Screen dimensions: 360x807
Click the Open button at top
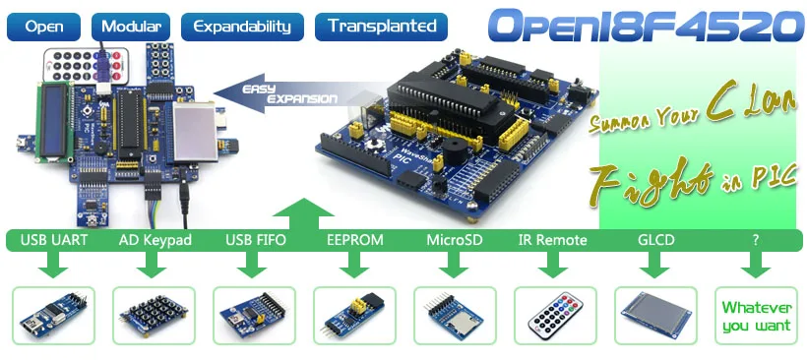[x=45, y=27]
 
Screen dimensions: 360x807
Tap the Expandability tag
[x=242, y=27]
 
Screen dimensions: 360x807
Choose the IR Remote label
[x=552, y=239]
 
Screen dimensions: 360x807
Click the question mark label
[x=755, y=239]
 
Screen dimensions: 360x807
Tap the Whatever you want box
[x=756, y=316]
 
